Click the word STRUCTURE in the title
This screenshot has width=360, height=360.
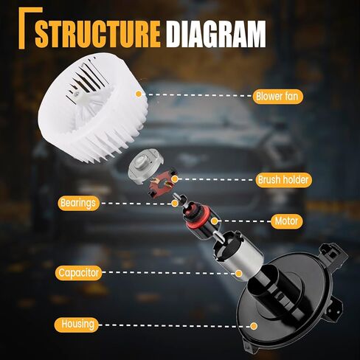point(97,34)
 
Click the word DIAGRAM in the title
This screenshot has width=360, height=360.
point(215,34)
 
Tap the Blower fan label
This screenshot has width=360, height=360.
point(277,96)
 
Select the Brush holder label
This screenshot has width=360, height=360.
point(283,180)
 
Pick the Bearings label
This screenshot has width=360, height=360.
point(79,204)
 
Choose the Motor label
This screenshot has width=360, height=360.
point(286,221)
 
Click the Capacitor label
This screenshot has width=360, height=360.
point(79,273)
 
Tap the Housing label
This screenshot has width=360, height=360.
point(77,325)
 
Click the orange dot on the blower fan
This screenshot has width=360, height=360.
point(139,94)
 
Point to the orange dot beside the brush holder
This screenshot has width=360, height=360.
point(175,179)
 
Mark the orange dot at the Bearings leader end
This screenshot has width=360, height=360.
point(175,204)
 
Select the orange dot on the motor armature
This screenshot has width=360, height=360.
point(215,221)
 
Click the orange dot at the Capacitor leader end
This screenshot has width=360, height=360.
point(238,273)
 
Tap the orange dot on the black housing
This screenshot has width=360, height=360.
point(254,326)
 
